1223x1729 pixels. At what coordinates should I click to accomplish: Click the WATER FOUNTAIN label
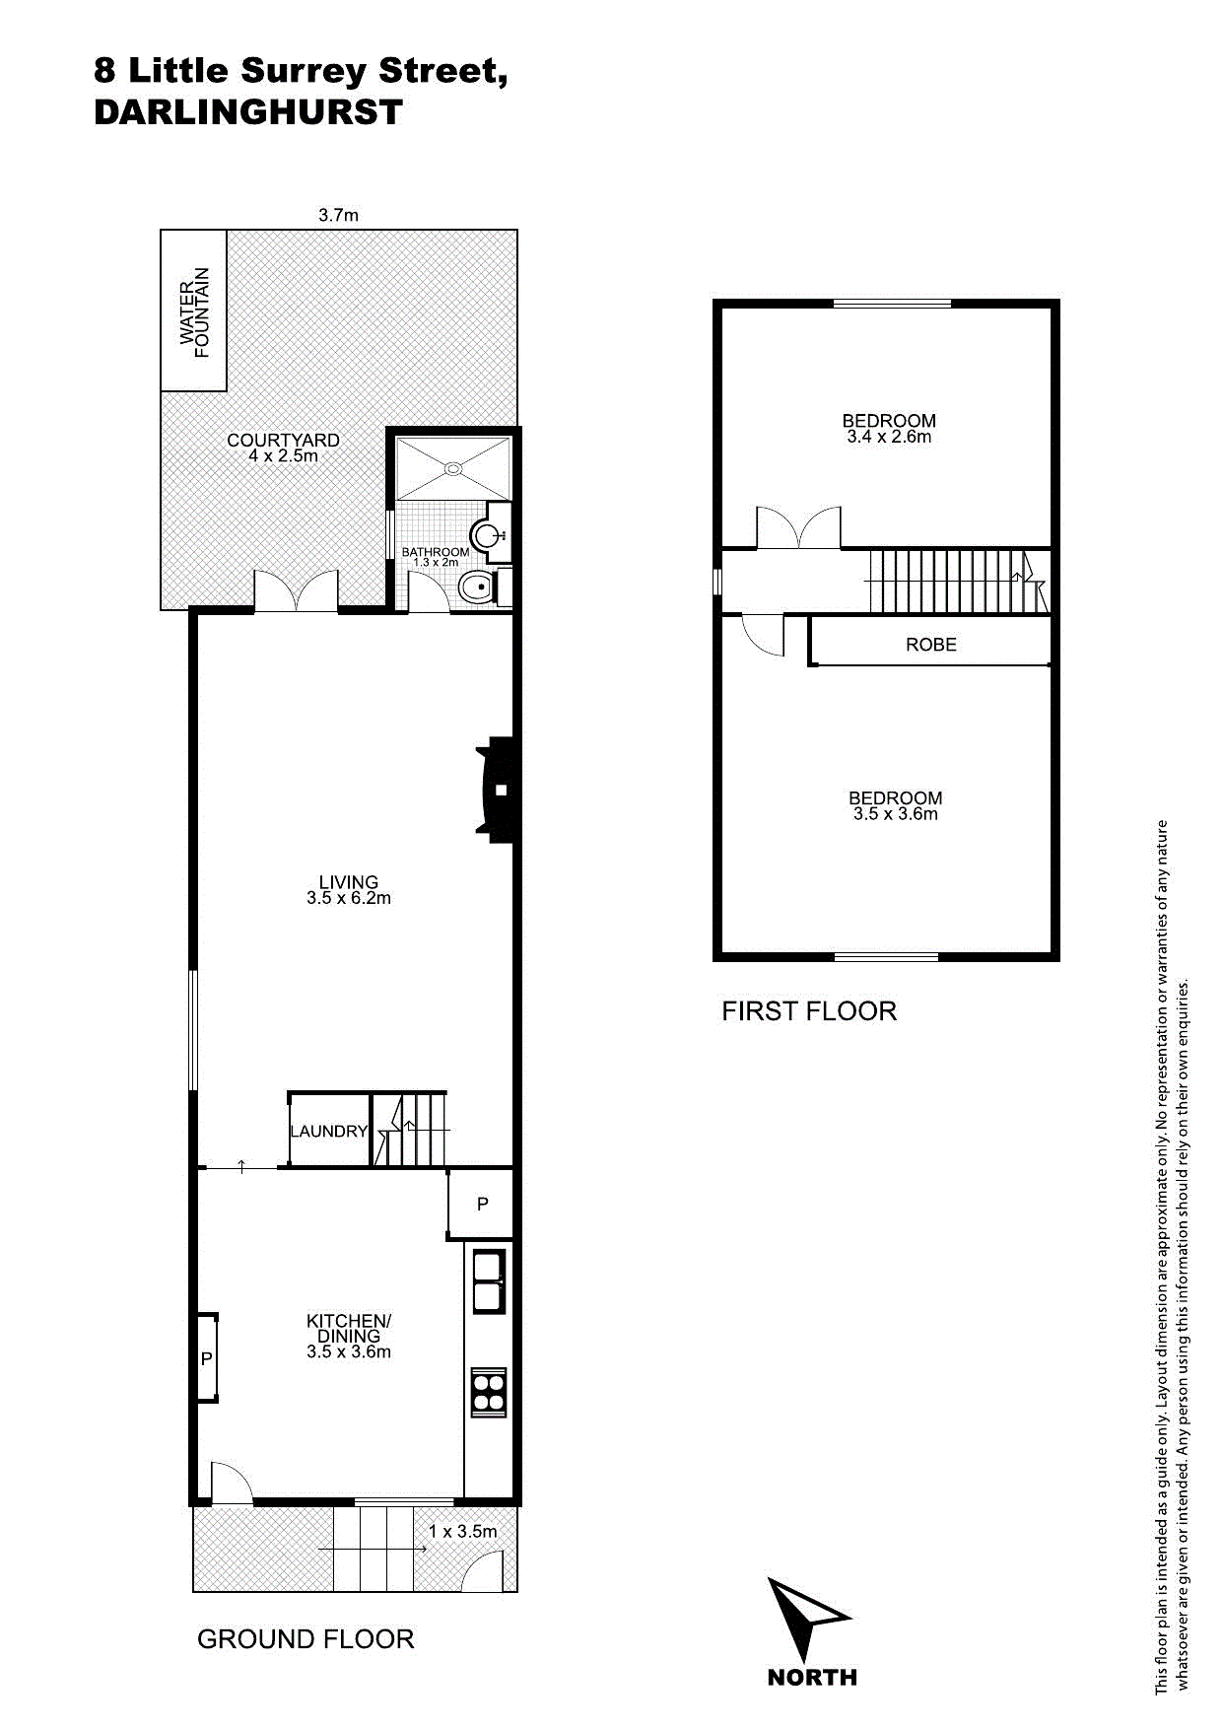click(195, 312)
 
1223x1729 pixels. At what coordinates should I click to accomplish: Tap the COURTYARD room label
click(283, 441)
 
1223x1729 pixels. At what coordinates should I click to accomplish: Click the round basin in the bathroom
click(490, 535)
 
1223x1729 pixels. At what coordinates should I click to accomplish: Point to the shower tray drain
click(454, 469)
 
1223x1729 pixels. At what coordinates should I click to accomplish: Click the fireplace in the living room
click(499, 790)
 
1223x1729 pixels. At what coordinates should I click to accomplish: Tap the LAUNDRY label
click(328, 1132)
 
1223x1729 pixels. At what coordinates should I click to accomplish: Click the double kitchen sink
click(489, 1281)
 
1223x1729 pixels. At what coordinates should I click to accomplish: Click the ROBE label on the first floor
click(931, 645)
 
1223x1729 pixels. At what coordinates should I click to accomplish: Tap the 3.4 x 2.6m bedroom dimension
click(889, 437)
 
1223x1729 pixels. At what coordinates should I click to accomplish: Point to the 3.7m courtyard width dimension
click(338, 215)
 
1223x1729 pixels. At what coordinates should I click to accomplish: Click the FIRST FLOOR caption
click(809, 1011)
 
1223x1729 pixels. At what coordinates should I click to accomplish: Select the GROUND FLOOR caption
click(306, 1639)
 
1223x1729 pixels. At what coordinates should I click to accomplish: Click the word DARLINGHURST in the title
click(248, 112)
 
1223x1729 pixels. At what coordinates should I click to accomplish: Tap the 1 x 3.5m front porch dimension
click(463, 1531)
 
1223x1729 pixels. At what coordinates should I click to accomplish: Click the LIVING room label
click(349, 882)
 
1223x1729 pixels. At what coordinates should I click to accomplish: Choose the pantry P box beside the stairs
click(482, 1204)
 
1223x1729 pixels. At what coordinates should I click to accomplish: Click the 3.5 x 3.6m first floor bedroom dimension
click(896, 814)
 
